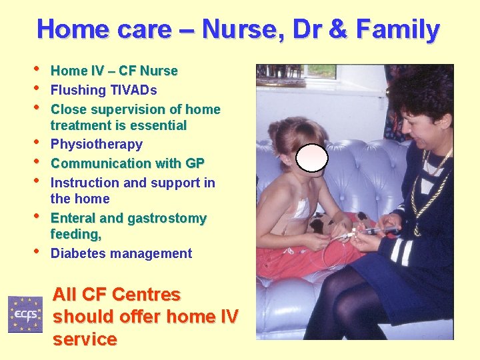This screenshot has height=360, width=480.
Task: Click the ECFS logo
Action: point(25,314)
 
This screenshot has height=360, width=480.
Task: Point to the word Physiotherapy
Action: point(97,145)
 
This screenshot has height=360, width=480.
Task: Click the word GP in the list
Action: point(195,163)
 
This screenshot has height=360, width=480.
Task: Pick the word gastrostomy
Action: point(167,219)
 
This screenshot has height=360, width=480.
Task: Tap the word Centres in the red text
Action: point(146,295)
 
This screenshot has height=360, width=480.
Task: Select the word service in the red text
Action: point(85,339)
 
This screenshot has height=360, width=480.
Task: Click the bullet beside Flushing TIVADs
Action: point(37,88)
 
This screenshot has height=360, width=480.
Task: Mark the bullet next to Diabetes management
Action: point(37,251)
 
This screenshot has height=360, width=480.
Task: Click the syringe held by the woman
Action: point(378,230)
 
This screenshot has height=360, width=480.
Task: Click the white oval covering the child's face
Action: point(312,158)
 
